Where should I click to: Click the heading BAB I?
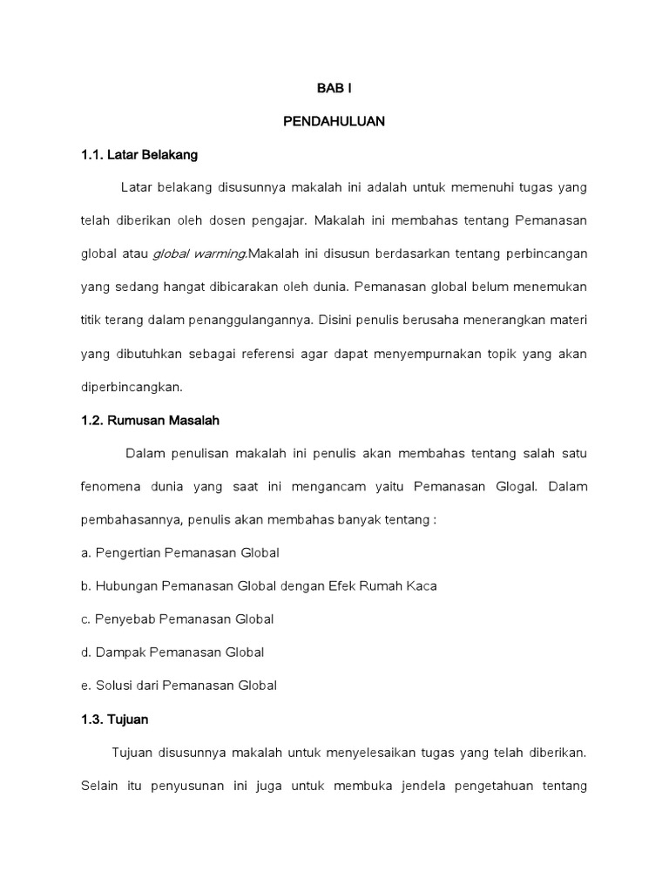point(334,89)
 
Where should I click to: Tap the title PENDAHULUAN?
point(334,122)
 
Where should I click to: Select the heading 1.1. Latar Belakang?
point(139,155)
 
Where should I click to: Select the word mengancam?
point(333,486)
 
